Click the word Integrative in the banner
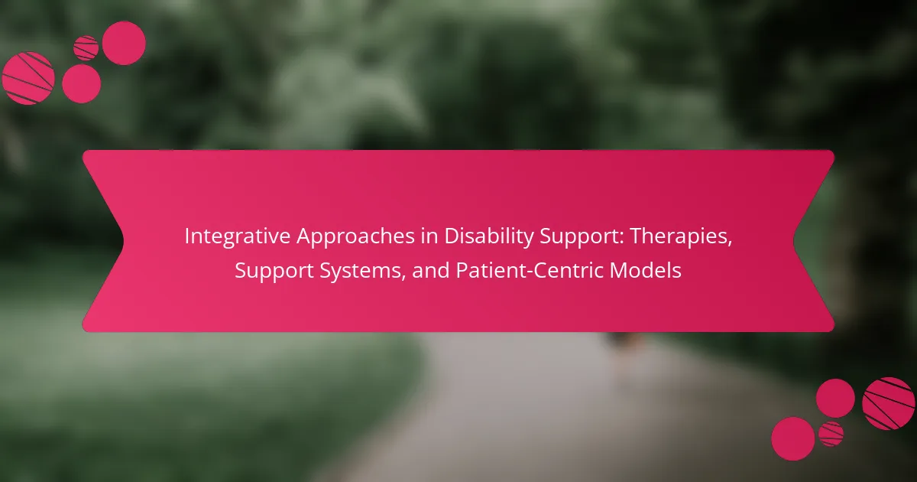tap(237, 236)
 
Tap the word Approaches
tap(356, 237)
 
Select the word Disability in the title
tap(489, 237)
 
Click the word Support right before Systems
tap(274, 272)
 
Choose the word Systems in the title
tap(363, 272)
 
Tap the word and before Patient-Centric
tap(431, 271)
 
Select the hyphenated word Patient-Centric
tap(530, 271)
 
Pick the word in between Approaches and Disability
tap(429, 236)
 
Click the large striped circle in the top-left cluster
tap(28, 78)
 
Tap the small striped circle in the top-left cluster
tap(86, 48)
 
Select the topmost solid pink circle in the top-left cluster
tap(124, 43)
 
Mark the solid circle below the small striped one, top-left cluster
tap(82, 83)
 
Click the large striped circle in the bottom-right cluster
tap(888, 404)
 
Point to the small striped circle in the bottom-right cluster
tap(831, 434)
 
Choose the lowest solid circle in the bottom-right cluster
tap(793, 438)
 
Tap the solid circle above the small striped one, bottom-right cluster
tap(835, 399)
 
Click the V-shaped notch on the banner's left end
tap(122, 241)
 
